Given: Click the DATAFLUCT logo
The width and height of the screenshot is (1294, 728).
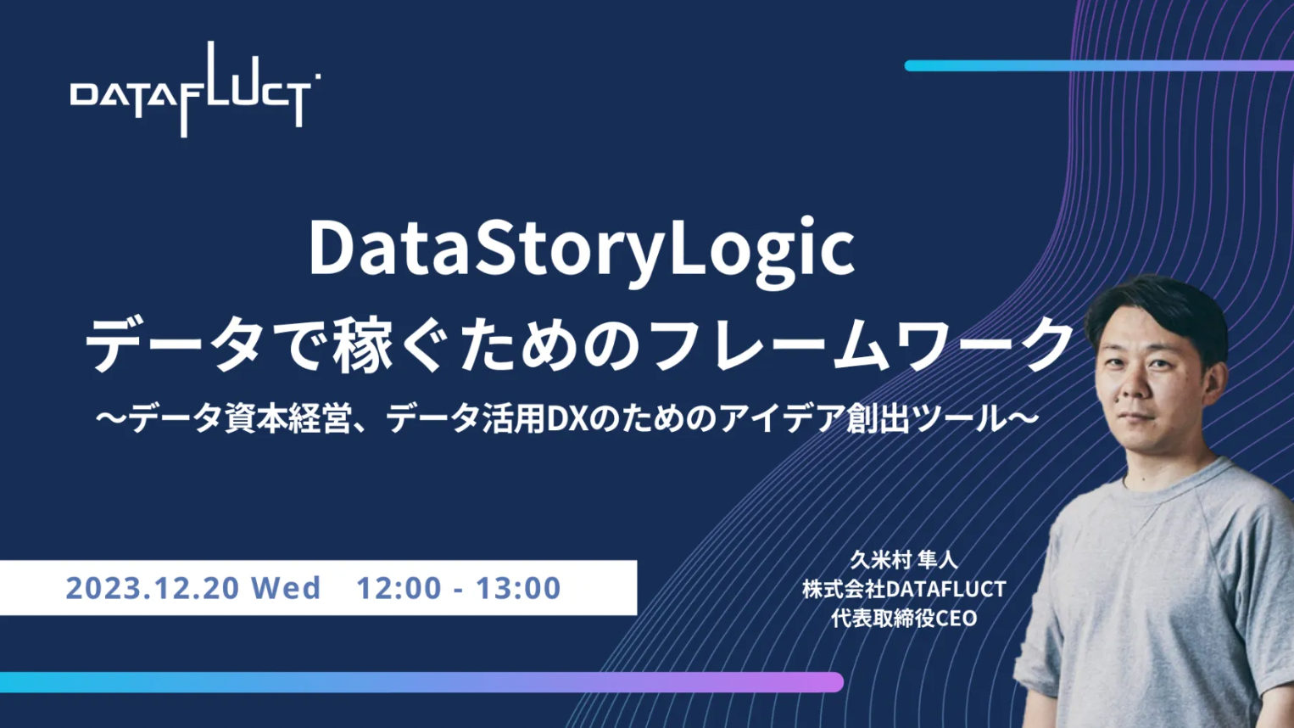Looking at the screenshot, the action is pyautogui.click(x=195, y=90).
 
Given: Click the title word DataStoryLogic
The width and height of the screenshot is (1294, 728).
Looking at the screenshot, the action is pyautogui.click(x=582, y=252).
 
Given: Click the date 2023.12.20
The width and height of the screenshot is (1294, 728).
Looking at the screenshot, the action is pyautogui.click(x=152, y=588).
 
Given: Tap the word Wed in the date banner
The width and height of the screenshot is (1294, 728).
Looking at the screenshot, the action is pyautogui.click(x=286, y=588).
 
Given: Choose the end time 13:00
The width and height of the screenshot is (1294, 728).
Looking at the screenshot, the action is pyautogui.click(x=518, y=588).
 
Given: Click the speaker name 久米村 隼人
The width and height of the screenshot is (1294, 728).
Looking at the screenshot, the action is pyautogui.click(x=904, y=560).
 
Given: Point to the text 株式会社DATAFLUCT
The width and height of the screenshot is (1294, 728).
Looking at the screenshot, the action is pyautogui.click(x=904, y=589).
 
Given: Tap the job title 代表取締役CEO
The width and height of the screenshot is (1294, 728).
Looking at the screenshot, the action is pyautogui.click(x=904, y=619).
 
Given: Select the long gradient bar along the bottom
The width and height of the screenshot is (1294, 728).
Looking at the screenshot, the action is pyautogui.click(x=421, y=682).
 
